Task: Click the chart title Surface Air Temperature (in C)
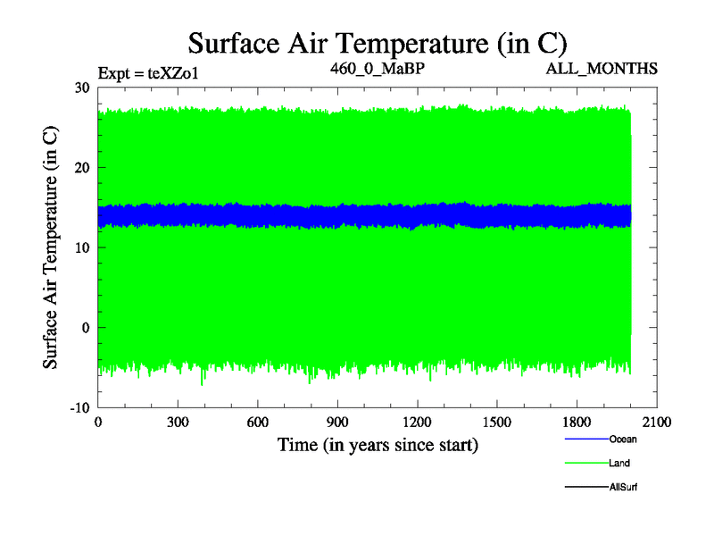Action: [x=377, y=41]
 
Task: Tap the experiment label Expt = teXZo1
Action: [x=147, y=73]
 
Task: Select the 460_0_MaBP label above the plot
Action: [x=377, y=68]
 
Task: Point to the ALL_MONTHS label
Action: [x=604, y=68]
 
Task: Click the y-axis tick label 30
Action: [x=82, y=88]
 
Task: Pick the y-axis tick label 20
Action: [x=82, y=168]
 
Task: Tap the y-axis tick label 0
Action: [x=86, y=328]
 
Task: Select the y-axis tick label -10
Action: [x=80, y=407]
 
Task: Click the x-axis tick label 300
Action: [x=178, y=423]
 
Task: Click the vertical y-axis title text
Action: [x=52, y=247]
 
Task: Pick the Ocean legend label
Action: [x=623, y=439]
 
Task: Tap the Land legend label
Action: [x=619, y=463]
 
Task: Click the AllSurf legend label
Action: [x=623, y=487]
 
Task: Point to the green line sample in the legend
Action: [x=585, y=463]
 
